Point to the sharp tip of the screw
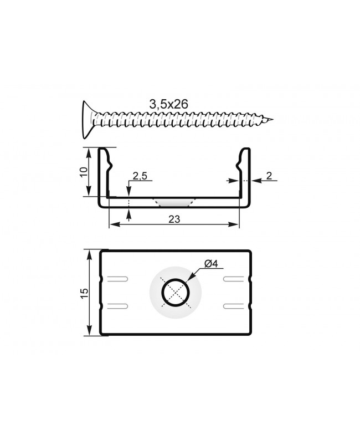(272, 119)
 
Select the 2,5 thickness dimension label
(139, 177)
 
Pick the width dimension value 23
(174, 219)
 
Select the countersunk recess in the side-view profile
(174, 201)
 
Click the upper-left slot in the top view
(117, 279)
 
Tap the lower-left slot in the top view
(117, 305)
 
